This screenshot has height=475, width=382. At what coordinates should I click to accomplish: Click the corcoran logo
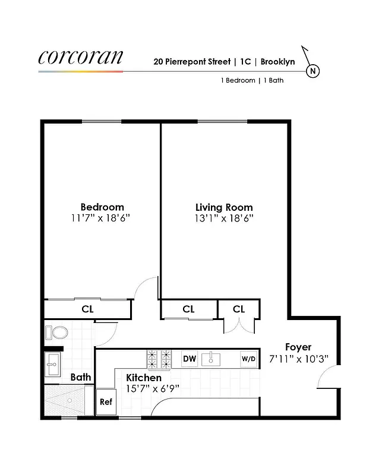[x=81, y=57]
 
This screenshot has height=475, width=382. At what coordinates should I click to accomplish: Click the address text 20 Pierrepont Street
[x=191, y=61]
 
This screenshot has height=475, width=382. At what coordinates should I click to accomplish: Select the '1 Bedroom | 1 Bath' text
[x=252, y=80]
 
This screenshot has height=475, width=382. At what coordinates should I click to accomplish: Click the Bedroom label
[x=102, y=207]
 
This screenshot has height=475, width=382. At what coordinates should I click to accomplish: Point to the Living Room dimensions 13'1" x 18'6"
[x=224, y=218]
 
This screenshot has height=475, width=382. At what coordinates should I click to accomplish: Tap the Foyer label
[x=298, y=347]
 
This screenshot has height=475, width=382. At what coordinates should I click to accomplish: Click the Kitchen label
[x=144, y=378]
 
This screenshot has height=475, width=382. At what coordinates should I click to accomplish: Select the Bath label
[x=81, y=377]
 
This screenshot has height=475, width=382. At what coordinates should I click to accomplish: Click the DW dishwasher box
[x=190, y=359]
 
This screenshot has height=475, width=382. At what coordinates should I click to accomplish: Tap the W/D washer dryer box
[x=248, y=359]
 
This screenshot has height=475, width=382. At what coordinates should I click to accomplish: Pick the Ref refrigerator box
[x=106, y=401]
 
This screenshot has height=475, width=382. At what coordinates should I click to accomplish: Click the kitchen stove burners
[x=159, y=358]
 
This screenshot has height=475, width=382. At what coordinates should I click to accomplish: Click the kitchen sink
[x=211, y=359]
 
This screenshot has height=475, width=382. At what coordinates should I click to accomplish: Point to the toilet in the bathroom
[x=58, y=331]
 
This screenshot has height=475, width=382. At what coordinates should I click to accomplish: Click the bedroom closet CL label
[x=87, y=309]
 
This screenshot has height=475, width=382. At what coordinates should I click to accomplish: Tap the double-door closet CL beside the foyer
[x=239, y=309]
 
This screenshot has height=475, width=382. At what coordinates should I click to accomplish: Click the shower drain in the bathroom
[x=69, y=400]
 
